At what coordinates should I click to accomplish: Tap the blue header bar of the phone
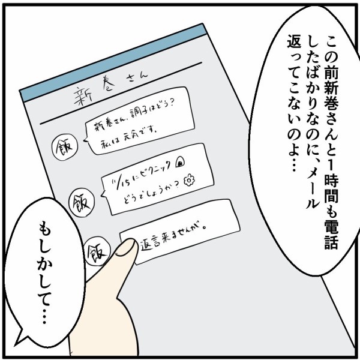114,59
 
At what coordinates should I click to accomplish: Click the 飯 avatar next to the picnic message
80,197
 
